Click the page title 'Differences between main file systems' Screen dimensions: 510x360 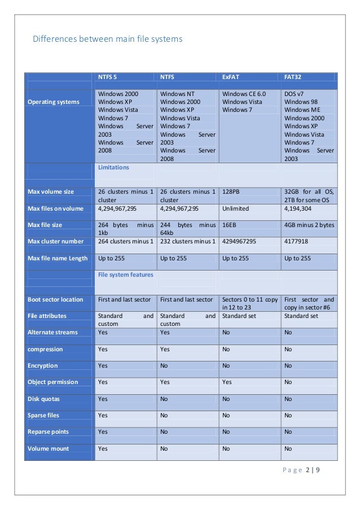pos(107,40)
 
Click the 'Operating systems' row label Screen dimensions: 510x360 pos(54,102)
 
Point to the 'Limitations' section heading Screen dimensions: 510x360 pos(113,168)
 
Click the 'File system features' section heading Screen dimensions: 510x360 pos(125,275)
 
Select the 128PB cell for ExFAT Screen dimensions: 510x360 pos(231,192)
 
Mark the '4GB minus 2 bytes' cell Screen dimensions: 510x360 pos(309,225)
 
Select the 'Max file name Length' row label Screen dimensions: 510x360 pos(58,259)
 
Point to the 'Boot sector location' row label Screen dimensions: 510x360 pos(55,299)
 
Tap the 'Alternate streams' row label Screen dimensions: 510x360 pos(52,333)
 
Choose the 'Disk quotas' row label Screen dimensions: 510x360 pos(43,399)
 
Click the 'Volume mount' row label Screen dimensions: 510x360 pos(48,448)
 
